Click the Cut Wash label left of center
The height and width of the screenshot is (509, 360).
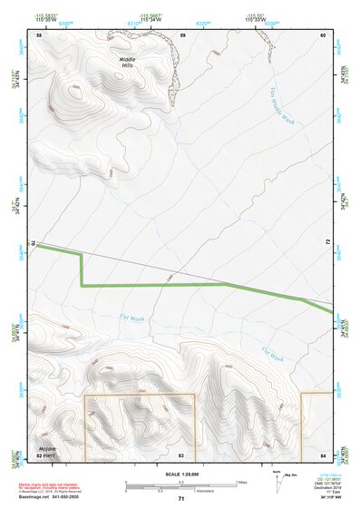click(132, 318)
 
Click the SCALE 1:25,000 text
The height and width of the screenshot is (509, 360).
click(180, 475)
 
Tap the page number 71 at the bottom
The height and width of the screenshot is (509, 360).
click(181, 500)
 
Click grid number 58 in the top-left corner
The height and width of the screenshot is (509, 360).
click(39, 35)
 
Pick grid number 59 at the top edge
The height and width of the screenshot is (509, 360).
click(182, 35)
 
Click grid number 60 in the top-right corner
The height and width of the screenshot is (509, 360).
click(323, 35)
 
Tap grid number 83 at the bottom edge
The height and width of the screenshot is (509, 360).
click(181, 454)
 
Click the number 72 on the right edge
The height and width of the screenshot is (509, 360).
click(326, 243)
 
